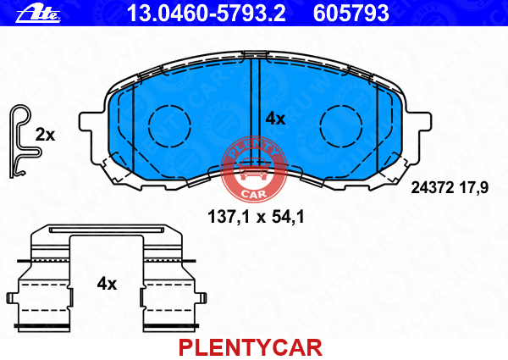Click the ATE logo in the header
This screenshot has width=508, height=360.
tap(38, 14)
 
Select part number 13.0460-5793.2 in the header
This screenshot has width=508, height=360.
tap(207, 14)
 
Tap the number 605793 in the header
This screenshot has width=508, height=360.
tap(351, 14)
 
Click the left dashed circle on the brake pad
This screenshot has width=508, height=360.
tap(169, 126)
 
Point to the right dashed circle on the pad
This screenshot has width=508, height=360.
tap(340, 126)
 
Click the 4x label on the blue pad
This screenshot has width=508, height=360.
tap(275, 119)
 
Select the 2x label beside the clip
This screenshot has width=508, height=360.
tap(45, 135)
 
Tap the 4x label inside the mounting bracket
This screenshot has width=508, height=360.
tap(107, 284)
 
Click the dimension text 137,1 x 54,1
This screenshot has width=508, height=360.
tap(256, 217)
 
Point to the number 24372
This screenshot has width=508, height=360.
tap(432, 187)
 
